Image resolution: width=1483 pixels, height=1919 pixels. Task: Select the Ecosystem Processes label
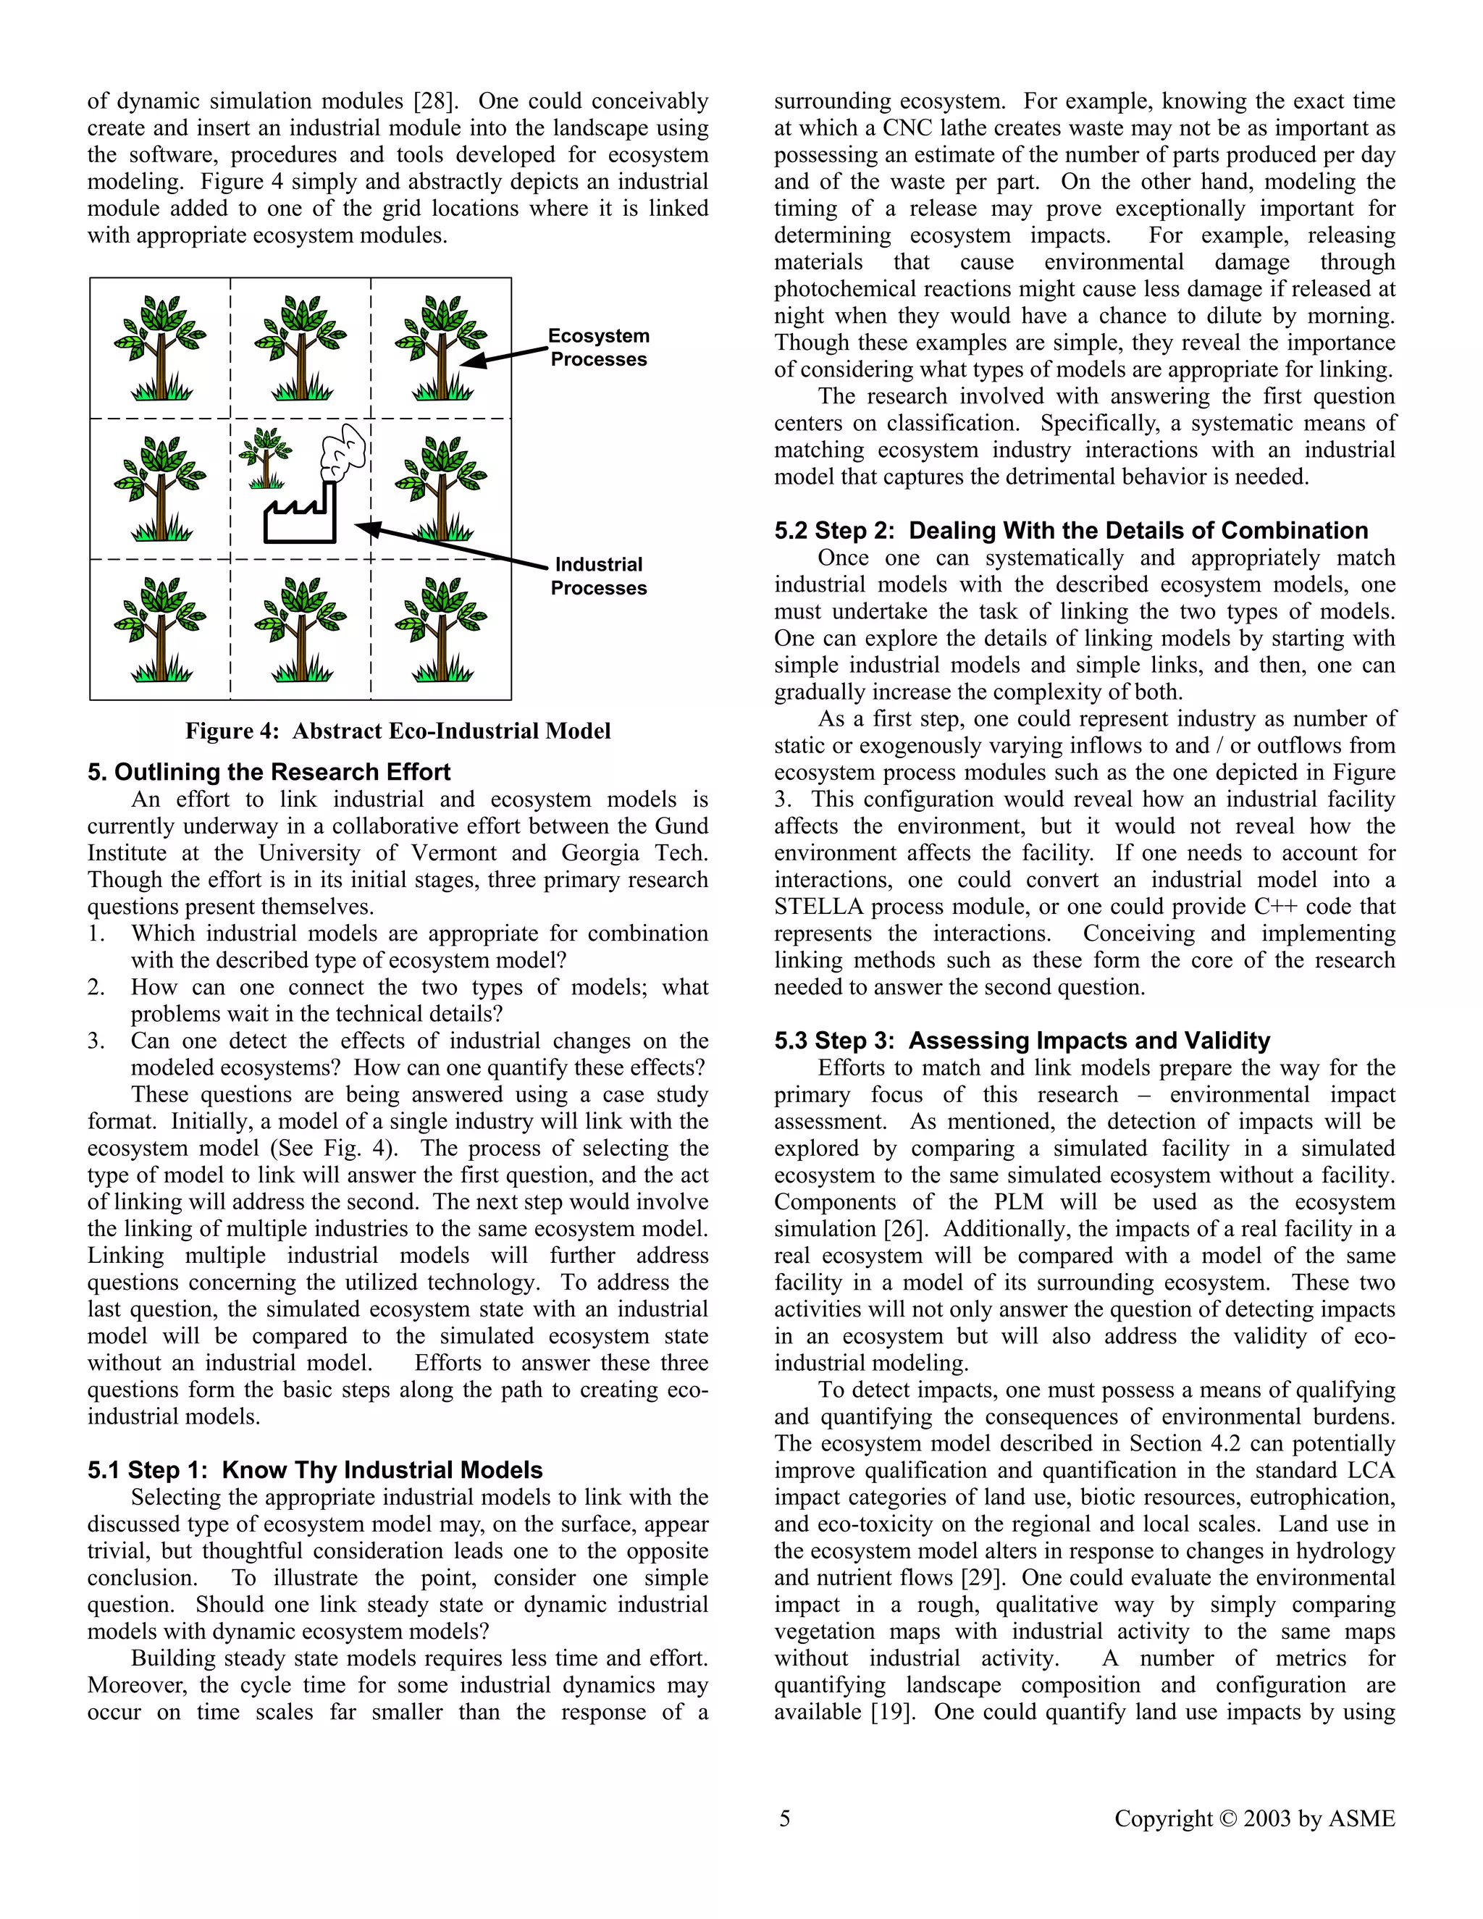coord(598,348)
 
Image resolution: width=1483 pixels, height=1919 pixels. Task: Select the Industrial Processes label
coord(598,576)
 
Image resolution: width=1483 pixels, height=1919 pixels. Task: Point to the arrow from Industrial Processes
coord(453,546)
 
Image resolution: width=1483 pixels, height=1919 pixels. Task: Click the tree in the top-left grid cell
coord(160,348)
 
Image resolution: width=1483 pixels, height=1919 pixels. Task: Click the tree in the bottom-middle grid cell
coord(301,629)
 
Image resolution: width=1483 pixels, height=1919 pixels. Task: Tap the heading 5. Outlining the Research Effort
coord(269,773)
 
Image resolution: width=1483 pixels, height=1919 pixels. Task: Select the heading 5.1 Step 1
coord(314,1470)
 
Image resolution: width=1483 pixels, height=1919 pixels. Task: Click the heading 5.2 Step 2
coord(1071,531)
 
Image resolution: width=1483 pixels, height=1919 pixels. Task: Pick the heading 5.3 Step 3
coord(1022,1041)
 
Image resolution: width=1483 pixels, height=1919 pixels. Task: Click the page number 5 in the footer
coord(784,1818)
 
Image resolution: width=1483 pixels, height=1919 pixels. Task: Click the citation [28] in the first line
coord(437,101)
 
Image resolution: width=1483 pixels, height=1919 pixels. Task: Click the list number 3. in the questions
coord(96,1041)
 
